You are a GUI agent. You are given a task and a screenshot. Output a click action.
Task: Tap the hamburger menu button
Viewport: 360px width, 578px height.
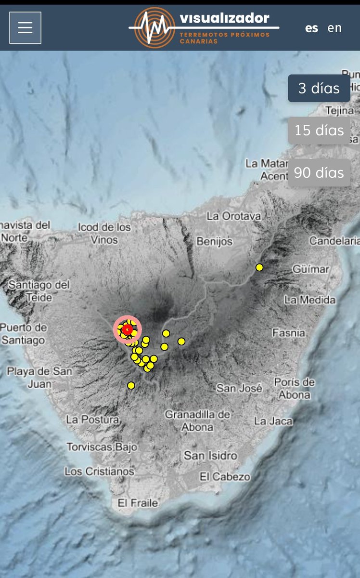click(x=25, y=27)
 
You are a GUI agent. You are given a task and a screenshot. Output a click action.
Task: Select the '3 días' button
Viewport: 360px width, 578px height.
click(x=319, y=88)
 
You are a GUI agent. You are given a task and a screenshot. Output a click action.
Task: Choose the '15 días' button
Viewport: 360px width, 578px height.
click(x=319, y=130)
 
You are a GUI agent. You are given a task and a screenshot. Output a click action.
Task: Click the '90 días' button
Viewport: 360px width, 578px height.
click(x=319, y=172)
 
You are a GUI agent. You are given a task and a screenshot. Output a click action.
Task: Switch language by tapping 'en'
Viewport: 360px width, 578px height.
click(x=334, y=28)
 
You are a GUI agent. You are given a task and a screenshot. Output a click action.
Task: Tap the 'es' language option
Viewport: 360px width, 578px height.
click(x=311, y=28)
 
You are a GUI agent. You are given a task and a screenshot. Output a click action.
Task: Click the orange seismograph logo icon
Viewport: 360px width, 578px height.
click(x=154, y=27)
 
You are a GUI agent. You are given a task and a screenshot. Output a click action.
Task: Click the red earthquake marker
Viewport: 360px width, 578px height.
click(x=127, y=329)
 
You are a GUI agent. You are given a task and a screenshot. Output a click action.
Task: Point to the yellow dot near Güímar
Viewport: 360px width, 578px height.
click(x=259, y=267)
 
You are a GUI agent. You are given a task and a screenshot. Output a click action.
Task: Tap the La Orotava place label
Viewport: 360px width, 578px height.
click(x=233, y=216)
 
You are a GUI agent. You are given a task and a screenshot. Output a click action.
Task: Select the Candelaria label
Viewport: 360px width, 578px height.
click(x=334, y=240)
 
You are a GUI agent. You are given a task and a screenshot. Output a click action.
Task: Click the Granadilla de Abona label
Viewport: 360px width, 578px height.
click(x=197, y=420)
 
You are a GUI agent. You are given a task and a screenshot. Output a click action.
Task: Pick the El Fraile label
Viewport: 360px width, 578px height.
click(x=138, y=503)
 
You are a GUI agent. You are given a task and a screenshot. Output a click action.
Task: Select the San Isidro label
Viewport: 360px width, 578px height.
click(x=210, y=455)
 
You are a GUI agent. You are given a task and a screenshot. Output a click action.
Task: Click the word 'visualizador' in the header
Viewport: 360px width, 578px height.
click(x=224, y=18)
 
